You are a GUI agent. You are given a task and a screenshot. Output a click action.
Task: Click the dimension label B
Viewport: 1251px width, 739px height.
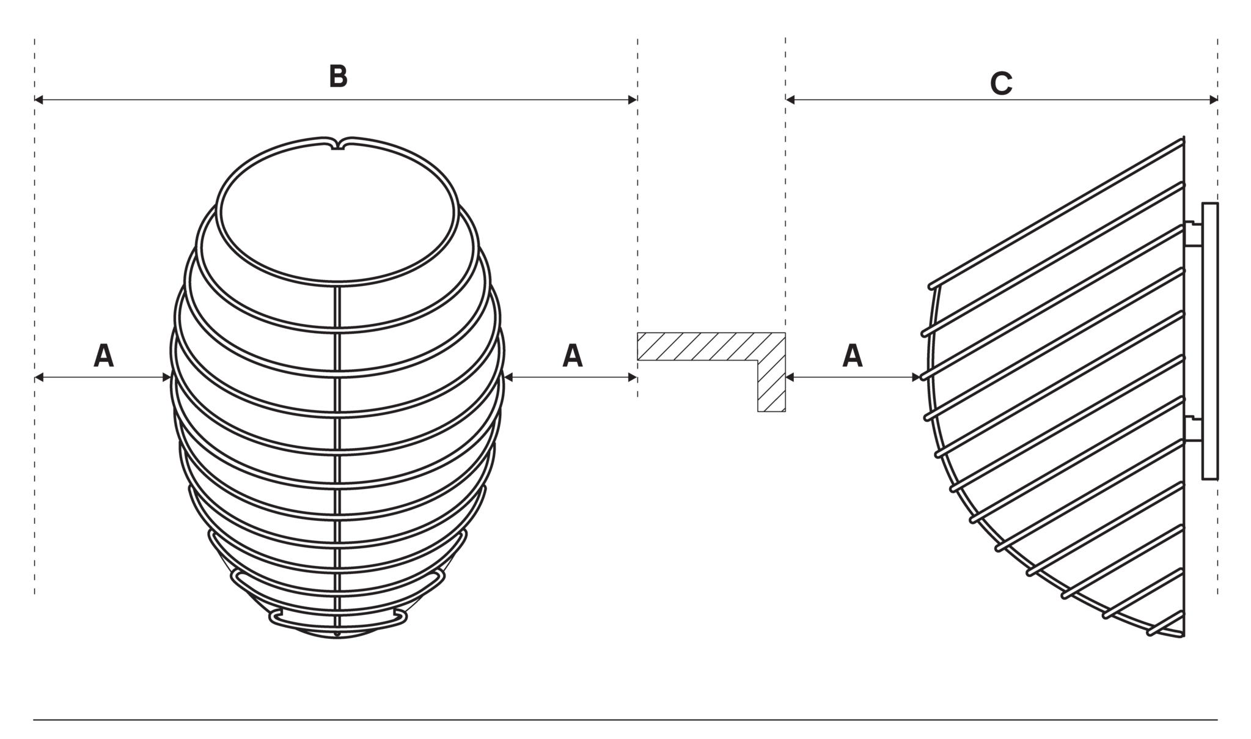338,76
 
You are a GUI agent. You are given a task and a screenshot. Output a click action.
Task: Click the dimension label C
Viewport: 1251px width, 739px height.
1001,84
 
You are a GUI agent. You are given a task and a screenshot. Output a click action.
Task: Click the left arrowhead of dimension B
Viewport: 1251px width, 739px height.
39,100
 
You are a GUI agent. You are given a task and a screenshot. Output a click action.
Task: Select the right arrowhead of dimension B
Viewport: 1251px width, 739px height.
633,100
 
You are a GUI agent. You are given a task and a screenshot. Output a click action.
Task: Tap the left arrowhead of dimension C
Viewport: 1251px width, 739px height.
790,100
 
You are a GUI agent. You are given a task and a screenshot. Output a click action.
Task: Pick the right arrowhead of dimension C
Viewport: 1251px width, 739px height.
1213,100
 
